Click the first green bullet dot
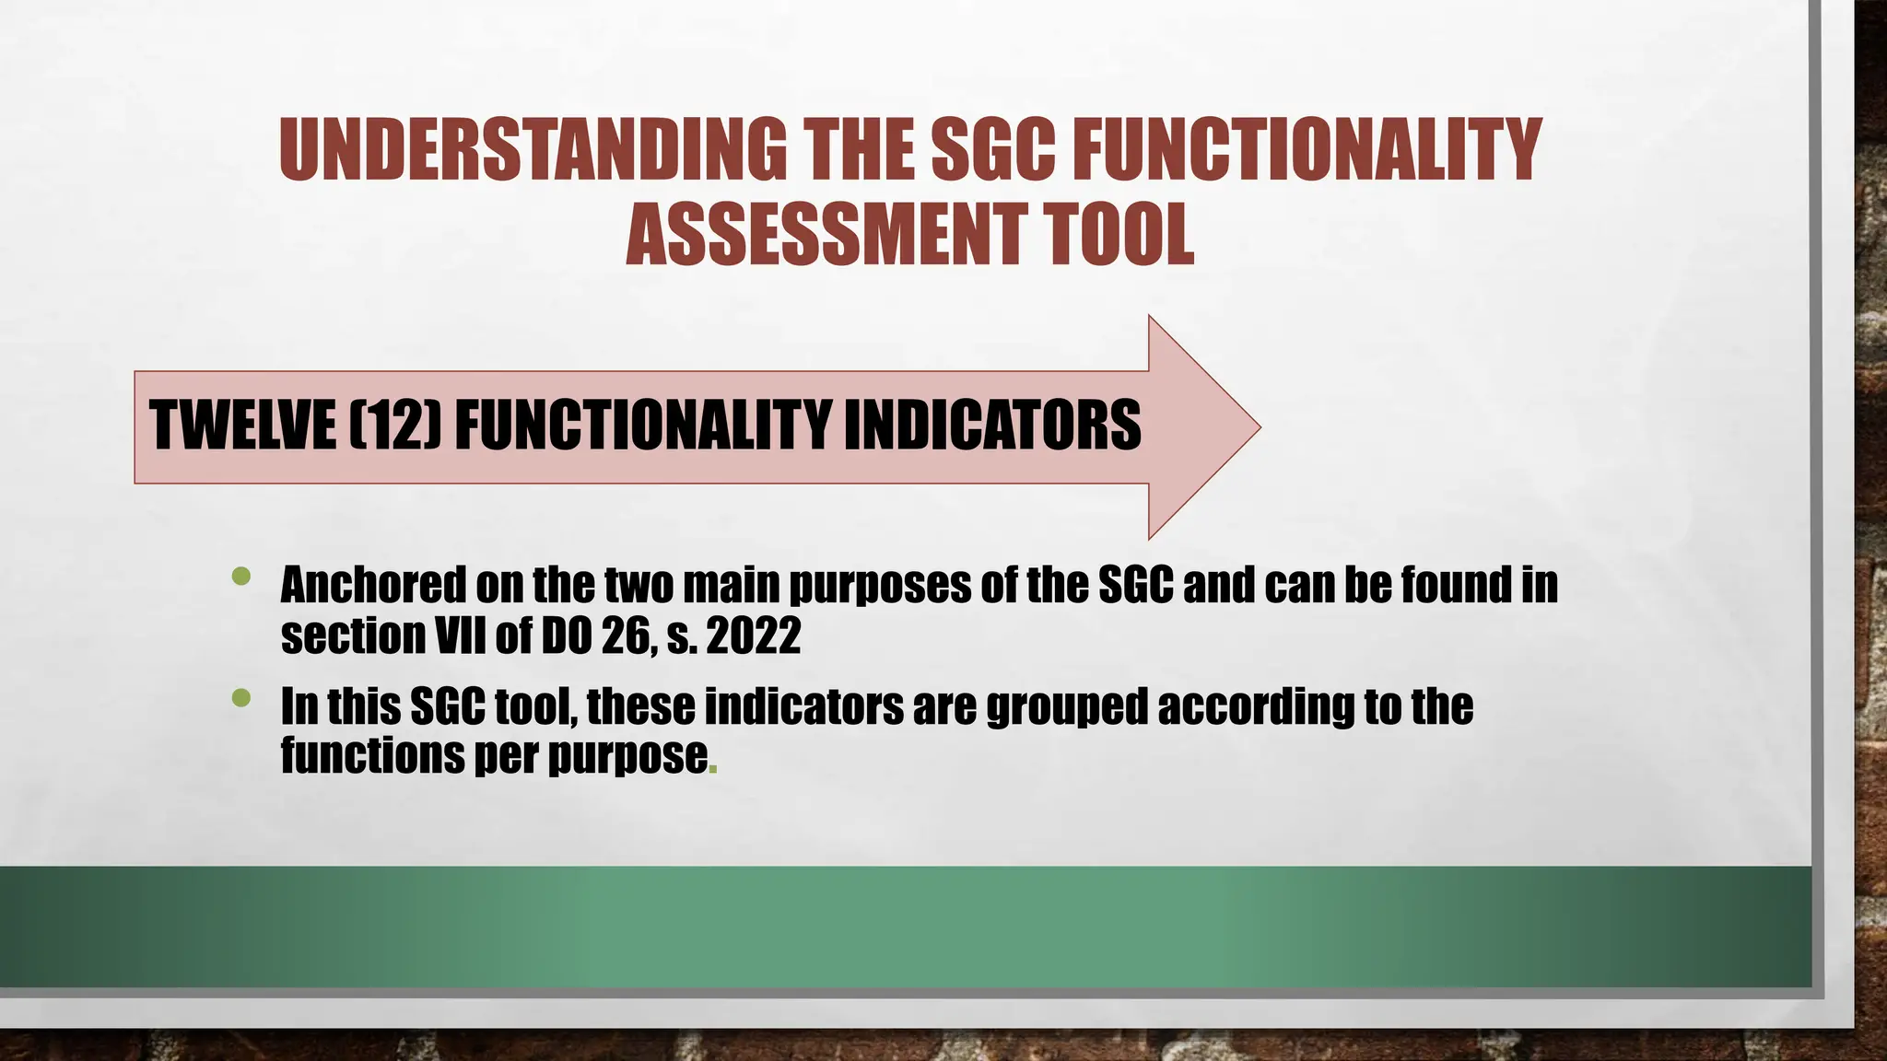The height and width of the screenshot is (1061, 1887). [x=241, y=577]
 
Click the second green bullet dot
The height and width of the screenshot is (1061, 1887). [x=241, y=698]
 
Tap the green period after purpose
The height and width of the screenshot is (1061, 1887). [x=712, y=766]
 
